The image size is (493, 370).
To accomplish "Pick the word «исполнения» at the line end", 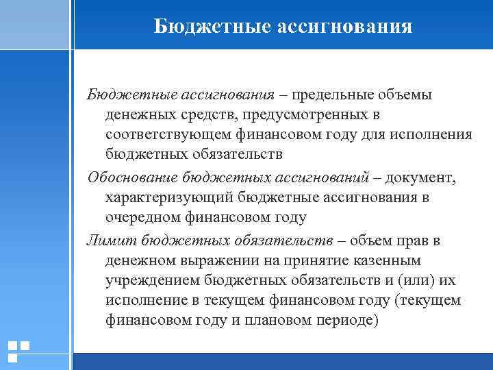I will (x=435, y=134).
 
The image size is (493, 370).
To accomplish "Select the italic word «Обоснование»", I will (x=134, y=177).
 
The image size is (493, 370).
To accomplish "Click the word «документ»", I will (x=420, y=177).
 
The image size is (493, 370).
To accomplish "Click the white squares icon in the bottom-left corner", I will (x=18, y=351).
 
